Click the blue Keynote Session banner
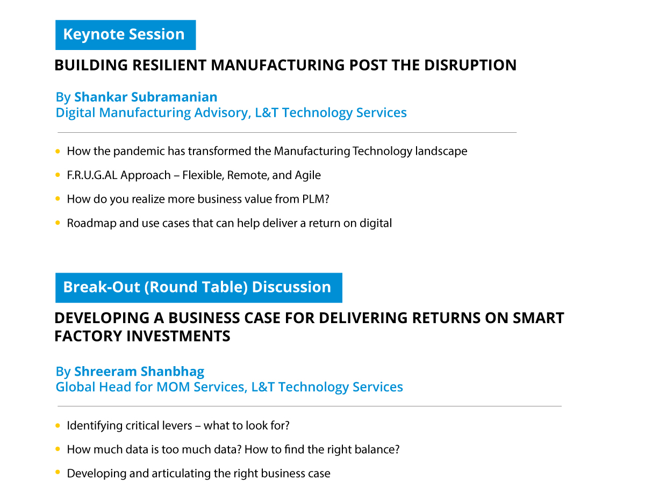(x=125, y=35)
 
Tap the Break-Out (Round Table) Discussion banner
(x=198, y=288)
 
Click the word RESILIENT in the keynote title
(x=169, y=65)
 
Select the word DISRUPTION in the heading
(x=470, y=65)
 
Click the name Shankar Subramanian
(x=146, y=97)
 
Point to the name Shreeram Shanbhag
(x=139, y=372)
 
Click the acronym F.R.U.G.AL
(x=92, y=175)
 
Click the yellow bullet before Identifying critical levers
(x=58, y=425)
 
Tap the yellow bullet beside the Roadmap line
(x=58, y=223)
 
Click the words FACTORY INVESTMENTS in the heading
(x=142, y=336)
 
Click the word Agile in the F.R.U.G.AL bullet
(x=308, y=175)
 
